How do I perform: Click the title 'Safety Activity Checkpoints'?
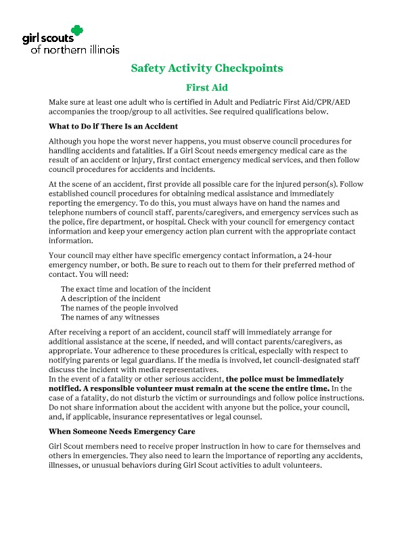206,68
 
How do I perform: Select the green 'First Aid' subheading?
206,87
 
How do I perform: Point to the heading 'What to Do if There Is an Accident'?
113,126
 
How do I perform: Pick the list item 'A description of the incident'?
111,298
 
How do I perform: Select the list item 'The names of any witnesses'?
110,317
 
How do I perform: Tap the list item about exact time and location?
135,289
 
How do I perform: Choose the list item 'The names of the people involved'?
119,308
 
